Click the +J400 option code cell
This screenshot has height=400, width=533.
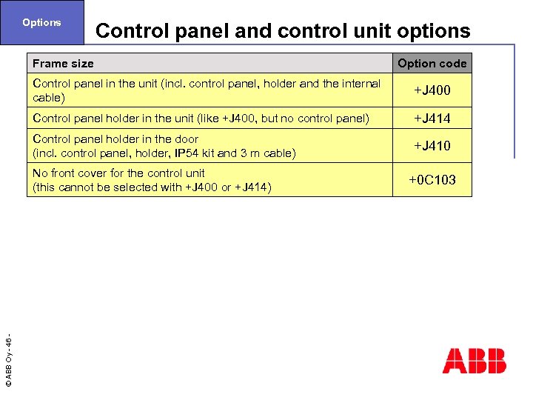432,90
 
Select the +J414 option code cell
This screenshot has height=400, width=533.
432,119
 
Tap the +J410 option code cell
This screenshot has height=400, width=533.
432,146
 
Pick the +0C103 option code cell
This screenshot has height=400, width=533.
432,180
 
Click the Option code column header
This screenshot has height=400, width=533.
432,64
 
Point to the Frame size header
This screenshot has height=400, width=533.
63,64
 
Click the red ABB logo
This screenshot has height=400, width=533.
475,361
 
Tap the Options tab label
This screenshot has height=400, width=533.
41,22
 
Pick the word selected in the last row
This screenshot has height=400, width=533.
135,187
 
